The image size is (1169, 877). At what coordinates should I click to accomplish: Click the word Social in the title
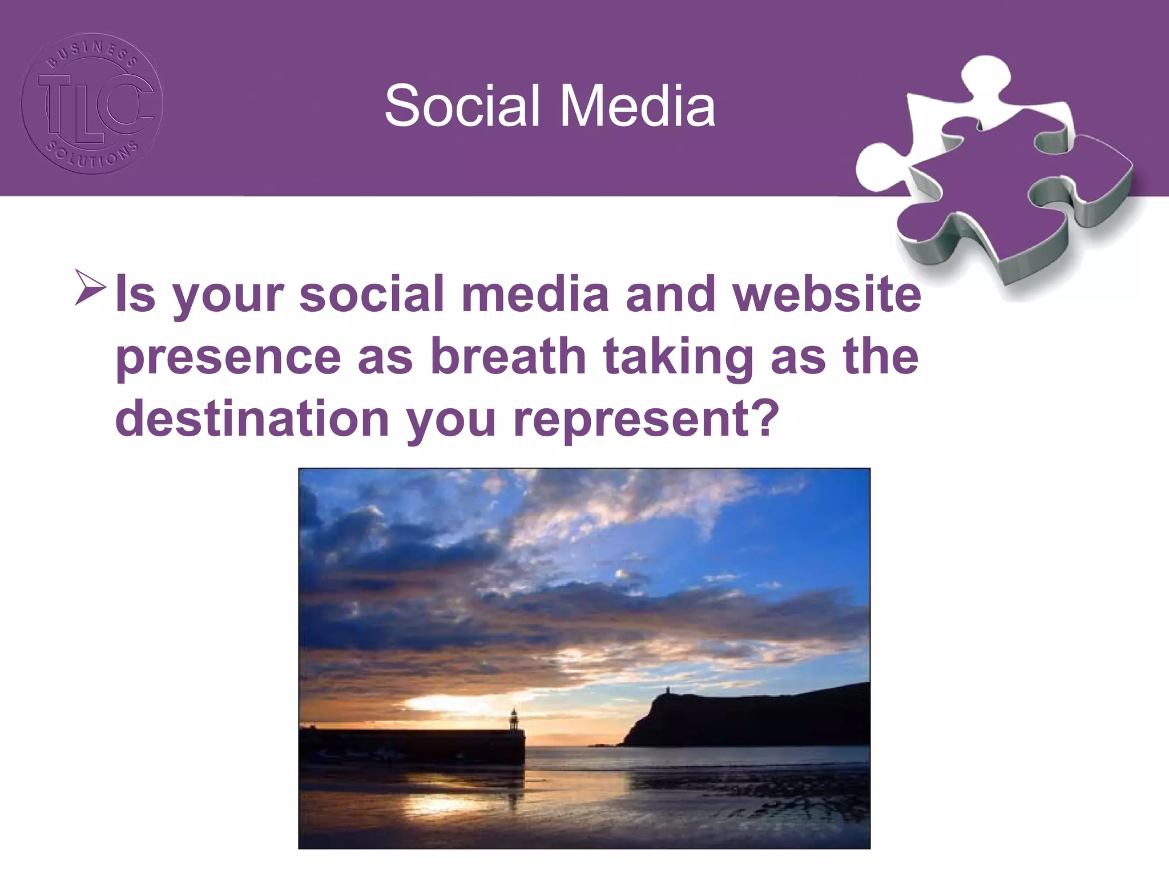(x=461, y=106)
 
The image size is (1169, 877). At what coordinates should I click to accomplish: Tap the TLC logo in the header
(x=91, y=104)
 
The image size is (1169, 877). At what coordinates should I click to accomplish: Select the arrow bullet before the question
(x=90, y=289)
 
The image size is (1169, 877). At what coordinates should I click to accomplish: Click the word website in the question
(x=827, y=295)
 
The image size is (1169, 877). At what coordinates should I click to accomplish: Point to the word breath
(x=507, y=356)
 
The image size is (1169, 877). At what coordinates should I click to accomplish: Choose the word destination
(x=252, y=418)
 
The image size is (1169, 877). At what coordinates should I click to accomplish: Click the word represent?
(x=646, y=419)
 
